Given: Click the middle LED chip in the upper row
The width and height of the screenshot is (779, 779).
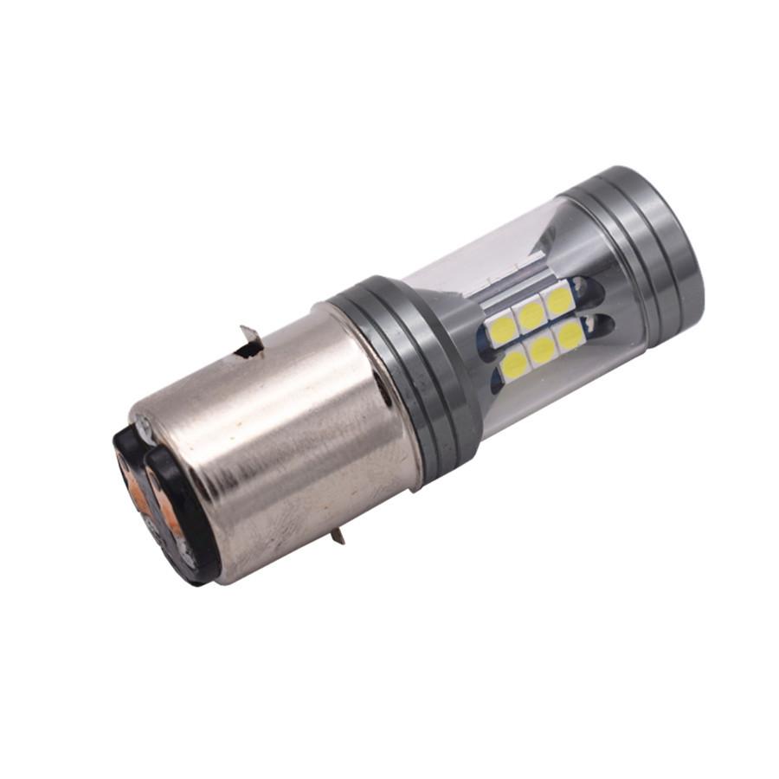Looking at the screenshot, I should click(530, 312).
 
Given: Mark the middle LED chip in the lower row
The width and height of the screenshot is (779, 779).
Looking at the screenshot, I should click(544, 349).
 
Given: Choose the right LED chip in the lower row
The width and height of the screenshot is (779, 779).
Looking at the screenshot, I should click(569, 336).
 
